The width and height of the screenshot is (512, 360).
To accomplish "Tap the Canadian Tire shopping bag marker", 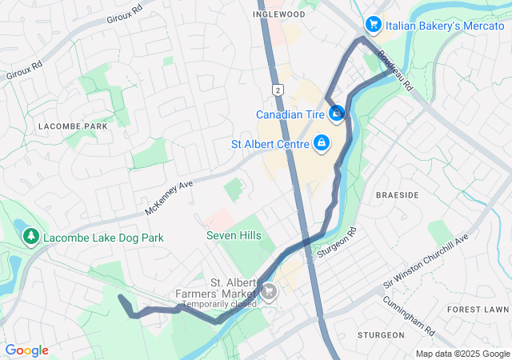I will coord(338,114).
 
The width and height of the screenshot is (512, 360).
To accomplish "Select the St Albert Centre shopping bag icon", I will coord(321,144).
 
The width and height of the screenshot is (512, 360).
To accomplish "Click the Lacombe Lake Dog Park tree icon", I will coord(31,237).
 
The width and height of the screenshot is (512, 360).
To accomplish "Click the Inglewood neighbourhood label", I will coord(278,14).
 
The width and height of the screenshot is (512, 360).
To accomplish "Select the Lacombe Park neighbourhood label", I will coord(73,126).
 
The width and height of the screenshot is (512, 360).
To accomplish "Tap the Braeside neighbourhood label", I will coord(397,195).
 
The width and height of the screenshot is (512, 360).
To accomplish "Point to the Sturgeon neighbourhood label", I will coord(381,334).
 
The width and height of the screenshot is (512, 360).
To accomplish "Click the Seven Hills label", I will coord(234,235).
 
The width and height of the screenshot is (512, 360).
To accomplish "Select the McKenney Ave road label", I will coord(170,197).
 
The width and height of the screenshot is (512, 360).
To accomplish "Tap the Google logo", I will coord(26,350).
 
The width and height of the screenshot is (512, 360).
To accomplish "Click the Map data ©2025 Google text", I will coord(462,354).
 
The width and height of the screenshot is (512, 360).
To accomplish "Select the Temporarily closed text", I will coord(219,304).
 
